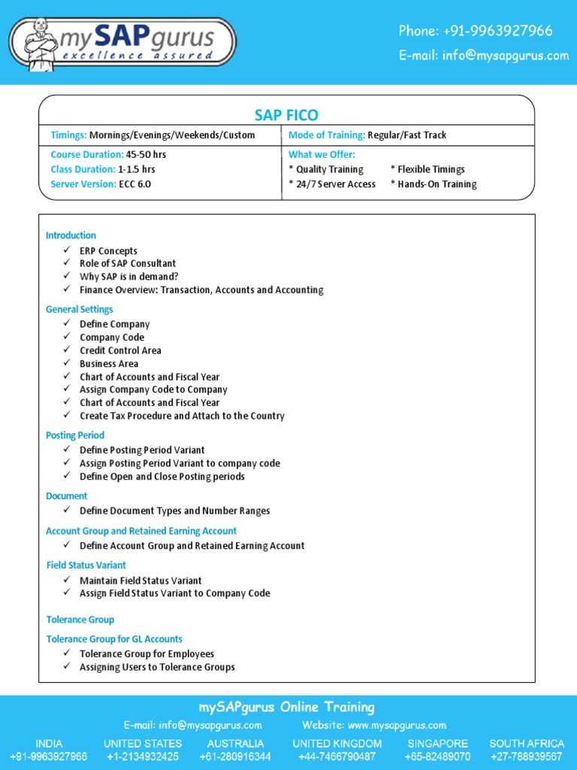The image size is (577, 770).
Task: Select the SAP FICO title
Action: point(286,115)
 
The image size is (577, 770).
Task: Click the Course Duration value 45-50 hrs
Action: point(146,154)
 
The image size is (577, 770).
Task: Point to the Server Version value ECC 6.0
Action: point(134,184)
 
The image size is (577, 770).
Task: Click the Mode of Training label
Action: point(326,135)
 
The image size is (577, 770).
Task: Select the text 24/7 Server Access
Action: point(336,184)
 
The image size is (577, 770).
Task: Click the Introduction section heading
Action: point(71,235)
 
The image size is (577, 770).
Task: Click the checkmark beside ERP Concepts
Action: point(67,250)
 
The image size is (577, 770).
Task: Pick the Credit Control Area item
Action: point(120,350)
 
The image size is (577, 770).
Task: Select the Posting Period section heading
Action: point(74,435)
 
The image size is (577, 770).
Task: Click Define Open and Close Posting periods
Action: point(162,477)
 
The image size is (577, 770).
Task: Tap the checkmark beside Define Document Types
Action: point(67,511)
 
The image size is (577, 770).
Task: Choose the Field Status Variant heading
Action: point(86,565)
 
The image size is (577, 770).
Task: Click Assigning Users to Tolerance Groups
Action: point(157,667)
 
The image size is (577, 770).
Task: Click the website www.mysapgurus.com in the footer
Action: point(397,726)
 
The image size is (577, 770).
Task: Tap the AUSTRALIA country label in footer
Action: point(235,743)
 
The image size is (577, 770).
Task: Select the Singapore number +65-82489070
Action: point(438,756)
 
